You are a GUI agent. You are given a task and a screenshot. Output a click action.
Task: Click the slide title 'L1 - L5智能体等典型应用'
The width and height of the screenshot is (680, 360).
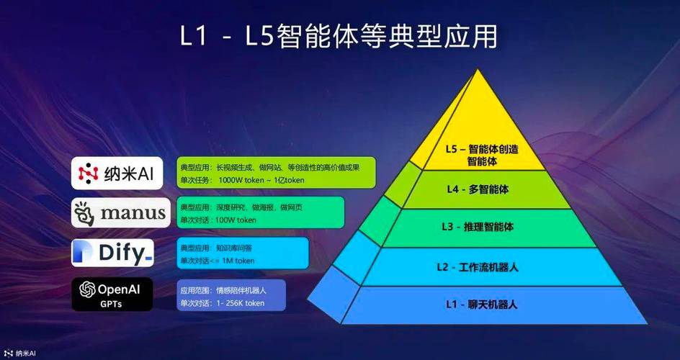tap(339, 36)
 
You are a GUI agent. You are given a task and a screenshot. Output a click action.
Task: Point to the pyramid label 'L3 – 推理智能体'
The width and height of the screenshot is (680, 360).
tap(477, 227)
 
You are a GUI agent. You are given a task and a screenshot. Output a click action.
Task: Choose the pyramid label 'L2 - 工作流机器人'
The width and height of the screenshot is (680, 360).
tap(477, 267)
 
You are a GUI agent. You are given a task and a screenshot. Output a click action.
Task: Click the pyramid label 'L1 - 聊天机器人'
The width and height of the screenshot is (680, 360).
tap(477, 304)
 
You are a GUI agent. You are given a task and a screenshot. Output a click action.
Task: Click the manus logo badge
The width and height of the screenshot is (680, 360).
tap(121, 212)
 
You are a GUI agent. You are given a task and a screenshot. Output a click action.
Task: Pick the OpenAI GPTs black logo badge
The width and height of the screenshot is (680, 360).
tap(112, 294)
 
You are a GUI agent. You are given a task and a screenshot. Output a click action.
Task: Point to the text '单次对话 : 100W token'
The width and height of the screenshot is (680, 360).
tap(218, 220)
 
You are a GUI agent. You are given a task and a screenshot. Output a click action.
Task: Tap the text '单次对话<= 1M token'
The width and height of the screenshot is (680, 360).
tap(217, 261)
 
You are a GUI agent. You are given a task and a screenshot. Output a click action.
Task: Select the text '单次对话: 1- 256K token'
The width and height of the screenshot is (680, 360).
tap(222, 303)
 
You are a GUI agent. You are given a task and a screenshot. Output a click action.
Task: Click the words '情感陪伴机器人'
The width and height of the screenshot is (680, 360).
tap(242, 291)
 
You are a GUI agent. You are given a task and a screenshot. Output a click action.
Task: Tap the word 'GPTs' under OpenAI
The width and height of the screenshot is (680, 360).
tap(111, 304)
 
